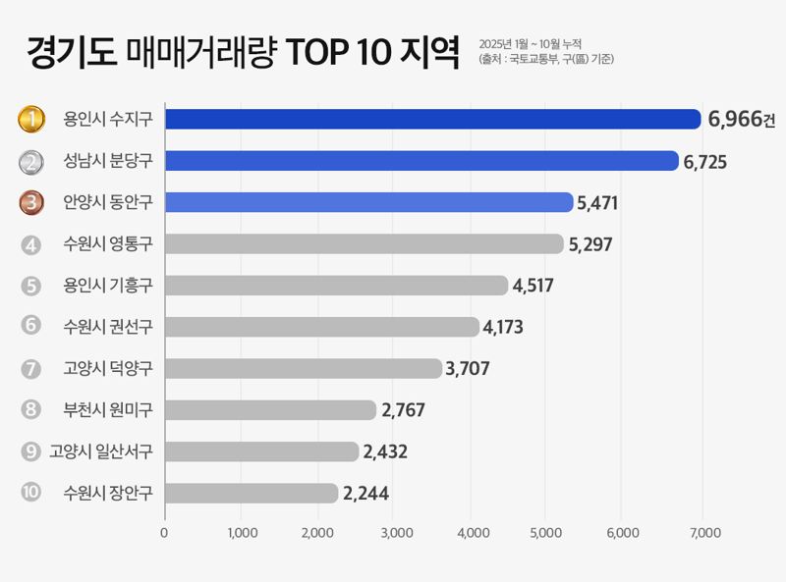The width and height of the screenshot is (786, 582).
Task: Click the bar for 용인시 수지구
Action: coord(432,120)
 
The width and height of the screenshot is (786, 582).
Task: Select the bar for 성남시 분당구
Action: coord(421,161)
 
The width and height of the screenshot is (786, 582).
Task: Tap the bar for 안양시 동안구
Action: coord(368,202)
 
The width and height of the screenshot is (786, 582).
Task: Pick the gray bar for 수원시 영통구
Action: coord(364,243)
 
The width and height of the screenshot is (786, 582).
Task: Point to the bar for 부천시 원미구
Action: coord(270,410)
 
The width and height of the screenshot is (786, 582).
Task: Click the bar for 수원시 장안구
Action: coord(252,493)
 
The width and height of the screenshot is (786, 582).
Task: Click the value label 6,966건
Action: coord(741,120)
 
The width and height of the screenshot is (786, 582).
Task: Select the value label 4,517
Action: coord(535,286)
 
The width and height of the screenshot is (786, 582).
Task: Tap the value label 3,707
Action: coord(468,369)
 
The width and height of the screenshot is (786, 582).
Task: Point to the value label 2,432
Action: coord(385,451)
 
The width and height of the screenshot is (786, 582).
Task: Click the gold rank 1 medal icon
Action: coord(32,120)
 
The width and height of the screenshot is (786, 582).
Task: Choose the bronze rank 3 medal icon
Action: coord(32,203)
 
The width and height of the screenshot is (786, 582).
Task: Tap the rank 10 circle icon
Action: coord(30,493)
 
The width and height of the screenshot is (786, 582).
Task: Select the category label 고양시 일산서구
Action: coord(101,451)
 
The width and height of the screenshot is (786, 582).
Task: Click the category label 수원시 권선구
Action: coord(107,327)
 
